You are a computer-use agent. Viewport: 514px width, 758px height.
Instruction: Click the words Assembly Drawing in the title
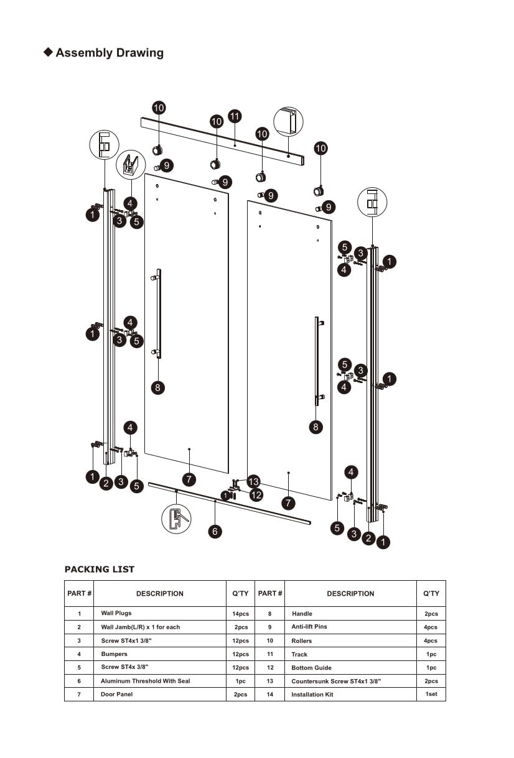[110, 53]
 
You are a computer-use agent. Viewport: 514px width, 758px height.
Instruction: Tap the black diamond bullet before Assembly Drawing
[48, 52]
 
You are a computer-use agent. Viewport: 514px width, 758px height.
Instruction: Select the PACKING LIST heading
[99, 569]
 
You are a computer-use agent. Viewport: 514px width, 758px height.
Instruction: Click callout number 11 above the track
[235, 116]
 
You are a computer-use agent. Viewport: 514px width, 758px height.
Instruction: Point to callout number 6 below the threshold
[215, 532]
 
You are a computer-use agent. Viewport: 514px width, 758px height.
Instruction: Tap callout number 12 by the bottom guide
[256, 495]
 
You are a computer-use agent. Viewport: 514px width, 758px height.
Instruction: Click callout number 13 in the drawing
[253, 481]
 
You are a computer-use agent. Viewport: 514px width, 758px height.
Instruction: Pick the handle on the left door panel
[158, 314]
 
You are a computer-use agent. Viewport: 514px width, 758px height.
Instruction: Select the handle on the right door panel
[317, 361]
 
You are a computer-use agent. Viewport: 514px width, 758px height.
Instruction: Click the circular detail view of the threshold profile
[176, 518]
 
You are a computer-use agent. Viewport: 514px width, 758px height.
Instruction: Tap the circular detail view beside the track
[288, 122]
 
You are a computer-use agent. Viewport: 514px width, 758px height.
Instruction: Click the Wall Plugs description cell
[116, 613]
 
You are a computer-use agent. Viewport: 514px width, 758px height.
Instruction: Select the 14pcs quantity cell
[240, 614]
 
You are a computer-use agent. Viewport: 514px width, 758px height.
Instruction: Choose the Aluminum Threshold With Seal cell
[146, 681]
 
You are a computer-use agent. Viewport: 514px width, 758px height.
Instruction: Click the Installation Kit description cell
[312, 695]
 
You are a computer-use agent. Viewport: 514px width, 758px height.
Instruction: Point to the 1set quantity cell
[431, 694]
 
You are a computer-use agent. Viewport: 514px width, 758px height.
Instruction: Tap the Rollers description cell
[302, 640]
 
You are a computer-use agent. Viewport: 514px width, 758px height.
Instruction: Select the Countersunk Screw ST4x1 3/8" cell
[336, 681]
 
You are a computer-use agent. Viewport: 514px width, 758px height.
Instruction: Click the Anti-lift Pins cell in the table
[309, 627]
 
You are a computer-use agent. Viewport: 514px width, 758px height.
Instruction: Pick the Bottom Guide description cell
[311, 668]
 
